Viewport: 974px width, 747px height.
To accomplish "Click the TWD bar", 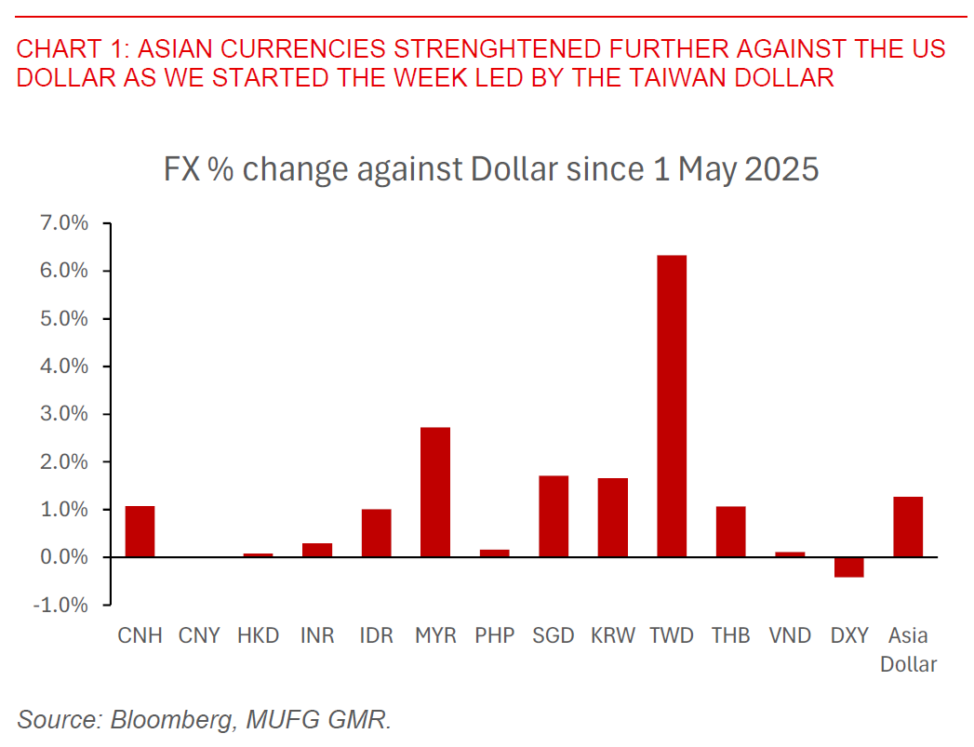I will [672, 406].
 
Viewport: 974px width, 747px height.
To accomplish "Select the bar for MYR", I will [435, 492].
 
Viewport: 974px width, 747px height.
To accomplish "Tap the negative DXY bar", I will [848, 567].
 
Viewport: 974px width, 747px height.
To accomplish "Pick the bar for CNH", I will [140, 531].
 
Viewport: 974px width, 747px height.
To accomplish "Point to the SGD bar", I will [554, 516].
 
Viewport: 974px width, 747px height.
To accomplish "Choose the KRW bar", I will [613, 517].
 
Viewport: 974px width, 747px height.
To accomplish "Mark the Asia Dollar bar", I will [908, 527].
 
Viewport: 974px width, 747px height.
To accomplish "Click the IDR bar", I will [377, 533].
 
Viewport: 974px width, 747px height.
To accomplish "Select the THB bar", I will [731, 531].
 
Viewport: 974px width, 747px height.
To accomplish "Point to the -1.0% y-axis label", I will [63, 605].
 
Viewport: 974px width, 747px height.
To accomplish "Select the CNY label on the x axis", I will [199, 636].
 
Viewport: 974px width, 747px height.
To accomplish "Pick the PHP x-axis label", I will [494, 636].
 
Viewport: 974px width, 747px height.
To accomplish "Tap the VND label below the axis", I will [790, 636].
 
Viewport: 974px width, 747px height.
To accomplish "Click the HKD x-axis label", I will [259, 636].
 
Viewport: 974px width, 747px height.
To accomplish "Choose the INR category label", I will [317, 636].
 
